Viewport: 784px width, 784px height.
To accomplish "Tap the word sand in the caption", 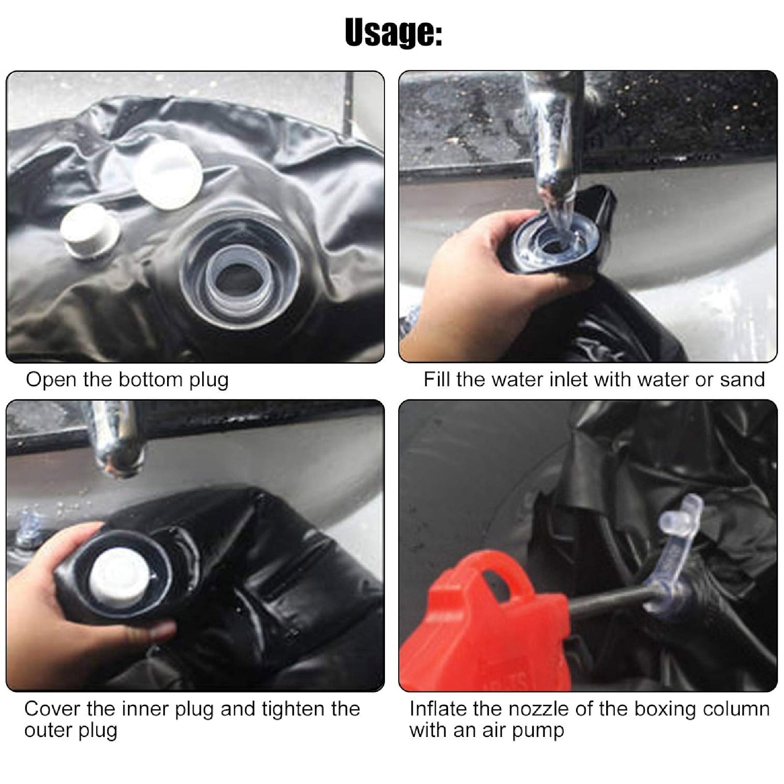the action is click(x=742, y=380).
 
